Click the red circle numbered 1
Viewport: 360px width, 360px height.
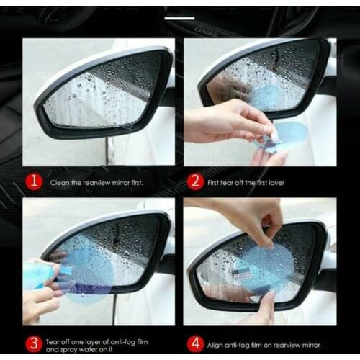32,181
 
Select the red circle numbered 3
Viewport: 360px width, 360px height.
32,341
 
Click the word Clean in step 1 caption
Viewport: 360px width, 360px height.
60,182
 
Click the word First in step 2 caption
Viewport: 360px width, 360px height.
215,182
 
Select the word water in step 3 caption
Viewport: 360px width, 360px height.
86,347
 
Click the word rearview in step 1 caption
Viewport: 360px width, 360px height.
96,182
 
